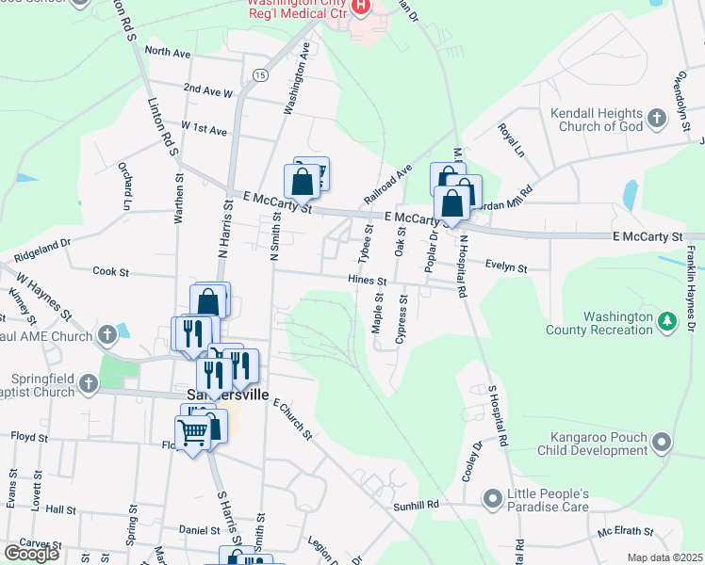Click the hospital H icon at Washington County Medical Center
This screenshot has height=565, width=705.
pos(359,8)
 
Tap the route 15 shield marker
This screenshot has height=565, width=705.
pos(260,74)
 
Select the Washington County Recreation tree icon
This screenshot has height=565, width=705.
pos(667,322)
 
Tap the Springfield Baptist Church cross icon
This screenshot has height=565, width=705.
pos(88,383)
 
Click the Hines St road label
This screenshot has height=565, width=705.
pos(367,281)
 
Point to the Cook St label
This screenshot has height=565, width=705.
pos(110,271)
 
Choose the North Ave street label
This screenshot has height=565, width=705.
pos(168,52)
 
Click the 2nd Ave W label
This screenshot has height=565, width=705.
pos(208,90)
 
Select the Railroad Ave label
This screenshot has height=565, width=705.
pos(394,183)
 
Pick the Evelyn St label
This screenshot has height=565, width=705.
pos(506,267)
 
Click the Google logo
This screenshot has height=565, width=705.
pos(31,554)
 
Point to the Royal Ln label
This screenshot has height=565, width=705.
pos(510,140)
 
